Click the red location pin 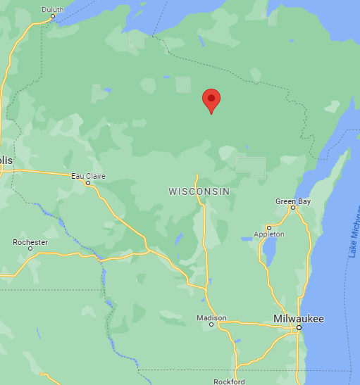tap(211, 100)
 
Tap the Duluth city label tap(52, 9)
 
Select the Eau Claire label tap(87, 176)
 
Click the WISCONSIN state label tap(199, 191)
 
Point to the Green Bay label tap(292, 201)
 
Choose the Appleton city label tap(269, 234)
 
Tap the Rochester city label tap(30, 242)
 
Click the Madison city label tap(211, 318)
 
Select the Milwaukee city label tap(299, 319)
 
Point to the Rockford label tap(230, 381)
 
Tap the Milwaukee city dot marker tap(299, 328)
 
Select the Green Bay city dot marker tap(293, 208)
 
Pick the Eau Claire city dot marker tap(87, 183)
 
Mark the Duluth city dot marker tap(52, 16)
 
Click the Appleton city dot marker tap(269, 227)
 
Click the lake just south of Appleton tap(268, 251)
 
